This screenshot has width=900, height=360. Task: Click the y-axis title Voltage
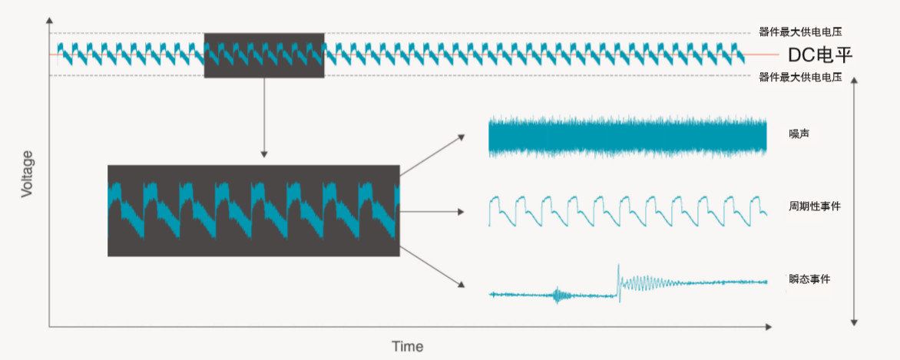click(x=27, y=174)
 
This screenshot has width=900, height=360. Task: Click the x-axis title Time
click(x=408, y=346)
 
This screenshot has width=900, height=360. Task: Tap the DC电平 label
click(x=820, y=55)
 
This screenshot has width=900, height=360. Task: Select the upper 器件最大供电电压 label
click(x=800, y=32)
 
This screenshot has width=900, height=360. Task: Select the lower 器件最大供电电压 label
click(x=800, y=77)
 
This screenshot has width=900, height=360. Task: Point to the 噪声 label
click(x=799, y=134)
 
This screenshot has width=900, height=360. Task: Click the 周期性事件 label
click(x=815, y=206)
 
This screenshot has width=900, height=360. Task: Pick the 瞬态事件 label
click(x=809, y=279)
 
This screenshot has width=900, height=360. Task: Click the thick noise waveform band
click(x=628, y=137)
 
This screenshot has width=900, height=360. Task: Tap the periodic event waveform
click(x=628, y=211)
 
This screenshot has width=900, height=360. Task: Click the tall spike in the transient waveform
click(x=618, y=282)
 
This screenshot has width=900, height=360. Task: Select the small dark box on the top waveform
click(x=265, y=55)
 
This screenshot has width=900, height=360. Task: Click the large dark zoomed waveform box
click(x=253, y=211)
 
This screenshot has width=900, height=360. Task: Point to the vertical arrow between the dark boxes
click(x=264, y=117)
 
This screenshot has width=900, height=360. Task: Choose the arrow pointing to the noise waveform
click(x=432, y=156)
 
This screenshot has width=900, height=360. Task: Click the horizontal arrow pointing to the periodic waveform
click(x=432, y=212)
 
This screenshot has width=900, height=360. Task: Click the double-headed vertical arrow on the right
click(x=854, y=201)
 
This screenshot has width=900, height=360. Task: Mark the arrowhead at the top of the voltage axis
click(x=49, y=21)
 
